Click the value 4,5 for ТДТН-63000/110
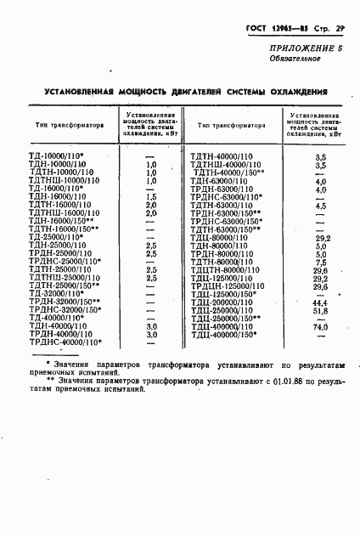point(321,206)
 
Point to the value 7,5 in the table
point(321,262)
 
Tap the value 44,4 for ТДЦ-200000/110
point(321,302)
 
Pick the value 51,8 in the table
point(321,311)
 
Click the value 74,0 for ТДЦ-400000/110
point(321,326)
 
